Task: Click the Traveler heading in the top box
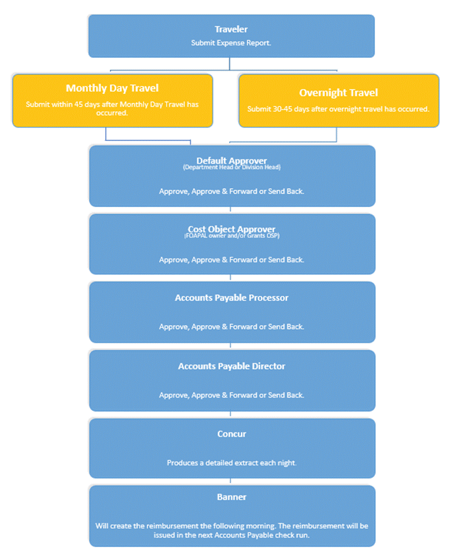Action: (231, 30)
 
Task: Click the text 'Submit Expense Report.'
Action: (231, 43)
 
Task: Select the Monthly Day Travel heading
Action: (112, 88)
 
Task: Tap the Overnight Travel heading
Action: (338, 93)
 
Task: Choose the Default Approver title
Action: (231, 160)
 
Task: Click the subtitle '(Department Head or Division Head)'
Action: (231, 167)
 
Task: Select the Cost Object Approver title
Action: (231, 229)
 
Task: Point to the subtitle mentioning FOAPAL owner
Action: (231, 236)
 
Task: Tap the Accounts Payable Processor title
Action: (231, 298)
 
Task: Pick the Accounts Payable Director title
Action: (231, 366)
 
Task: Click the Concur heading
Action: (231, 434)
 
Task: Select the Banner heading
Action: (231, 497)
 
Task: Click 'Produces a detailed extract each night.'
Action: (231, 463)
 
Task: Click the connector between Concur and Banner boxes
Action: (230, 482)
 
